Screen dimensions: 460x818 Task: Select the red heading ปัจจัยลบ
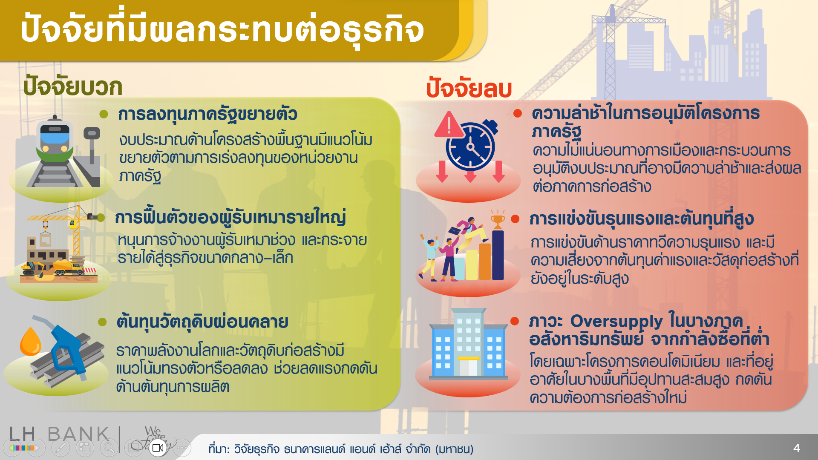469,89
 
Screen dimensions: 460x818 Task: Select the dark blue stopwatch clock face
470,147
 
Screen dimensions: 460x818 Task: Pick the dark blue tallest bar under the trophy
498,256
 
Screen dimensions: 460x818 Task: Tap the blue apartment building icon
468,345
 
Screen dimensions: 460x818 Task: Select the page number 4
796,448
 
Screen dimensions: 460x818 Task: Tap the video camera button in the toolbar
158,448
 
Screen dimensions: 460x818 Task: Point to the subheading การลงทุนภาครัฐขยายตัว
207,114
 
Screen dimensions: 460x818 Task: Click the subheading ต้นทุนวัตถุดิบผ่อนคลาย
202,322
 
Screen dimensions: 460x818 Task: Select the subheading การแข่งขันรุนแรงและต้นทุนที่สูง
641,219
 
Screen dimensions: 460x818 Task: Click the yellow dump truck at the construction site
68,267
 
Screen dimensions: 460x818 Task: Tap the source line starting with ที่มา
341,449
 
